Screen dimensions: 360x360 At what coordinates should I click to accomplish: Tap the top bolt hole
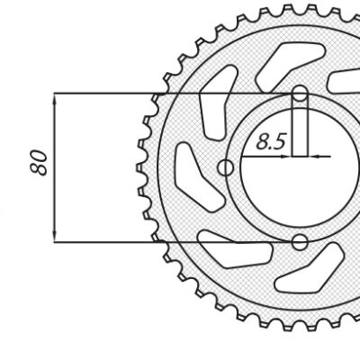[301, 93]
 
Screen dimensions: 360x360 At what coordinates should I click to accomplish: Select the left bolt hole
[226, 167]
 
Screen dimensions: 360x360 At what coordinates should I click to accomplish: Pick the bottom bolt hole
[301, 241]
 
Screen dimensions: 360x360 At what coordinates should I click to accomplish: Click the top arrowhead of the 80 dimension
[56, 100]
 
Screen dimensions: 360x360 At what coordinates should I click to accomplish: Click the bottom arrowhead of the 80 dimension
[56, 235]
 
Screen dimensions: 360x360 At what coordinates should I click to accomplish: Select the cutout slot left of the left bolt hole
[192, 172]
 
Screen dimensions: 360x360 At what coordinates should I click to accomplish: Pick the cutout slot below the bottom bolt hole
[301, 274]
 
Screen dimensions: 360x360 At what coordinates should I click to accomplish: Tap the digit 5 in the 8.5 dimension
[280, 140]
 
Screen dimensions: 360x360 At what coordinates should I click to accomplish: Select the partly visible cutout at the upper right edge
[346, 81]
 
